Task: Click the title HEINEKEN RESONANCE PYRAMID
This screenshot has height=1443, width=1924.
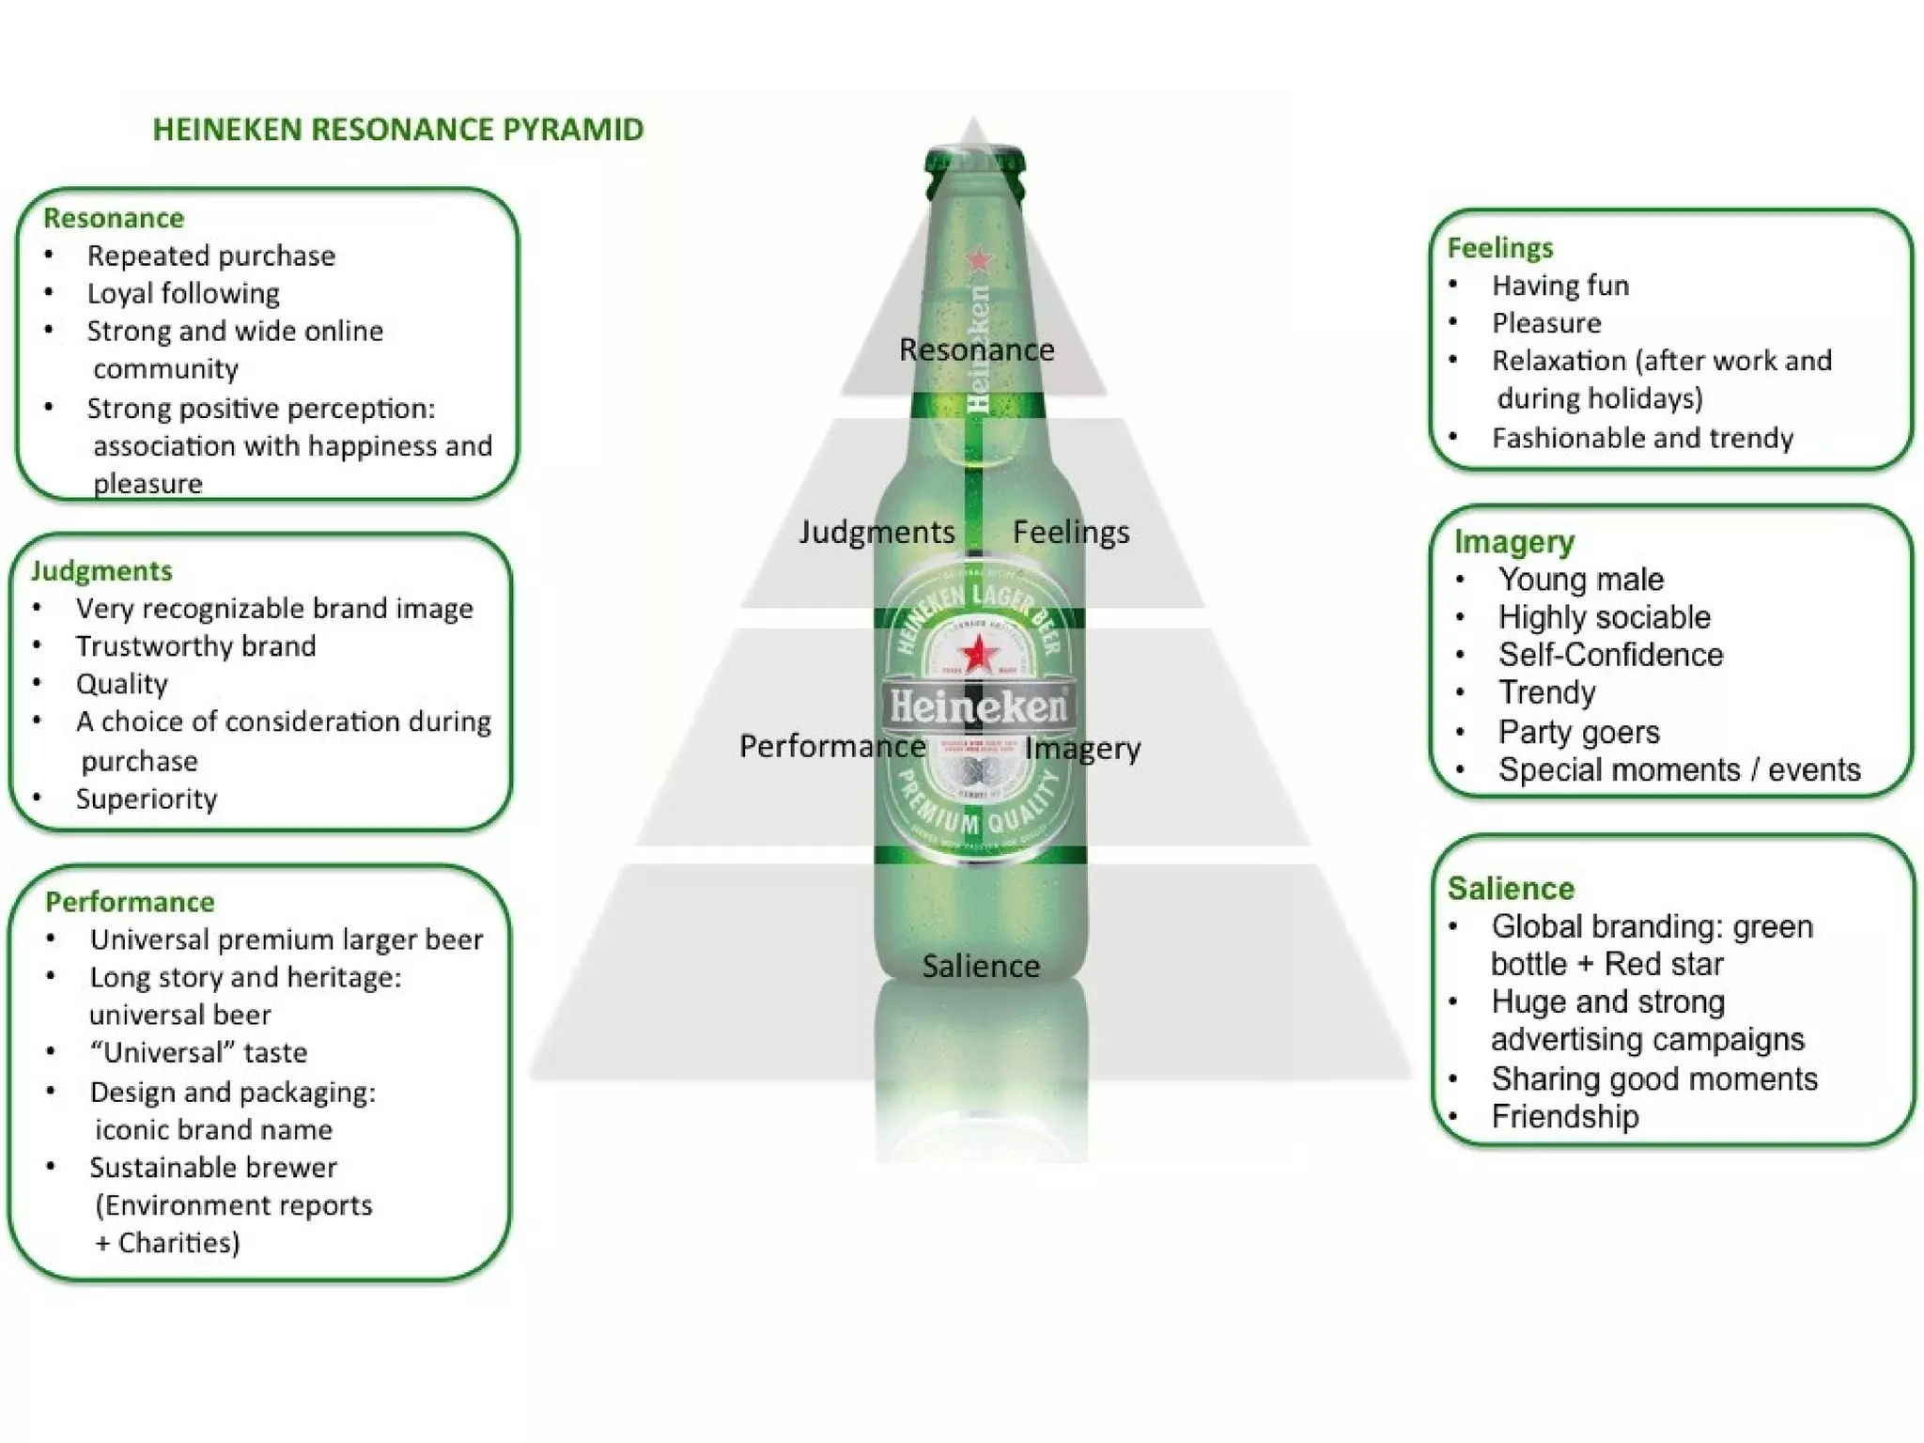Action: click(398, 130)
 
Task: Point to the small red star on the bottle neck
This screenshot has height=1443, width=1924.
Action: click(980, 258)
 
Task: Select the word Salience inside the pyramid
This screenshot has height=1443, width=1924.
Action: click(980, 966)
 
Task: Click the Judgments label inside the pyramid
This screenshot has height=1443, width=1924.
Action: click(877, 532)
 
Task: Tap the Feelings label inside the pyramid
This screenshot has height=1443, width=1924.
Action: click(1071, 532)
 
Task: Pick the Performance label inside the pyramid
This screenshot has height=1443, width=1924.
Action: click(832, 746)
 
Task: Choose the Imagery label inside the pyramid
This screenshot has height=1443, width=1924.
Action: click(1082, 748)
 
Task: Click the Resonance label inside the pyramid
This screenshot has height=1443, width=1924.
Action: click(976, 349)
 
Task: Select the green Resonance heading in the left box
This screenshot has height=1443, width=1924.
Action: click(114, 218)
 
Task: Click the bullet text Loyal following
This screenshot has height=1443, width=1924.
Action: click(183, 293)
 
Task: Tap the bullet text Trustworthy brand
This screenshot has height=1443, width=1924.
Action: click(195, 646)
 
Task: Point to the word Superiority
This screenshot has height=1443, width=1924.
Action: click(147, 799)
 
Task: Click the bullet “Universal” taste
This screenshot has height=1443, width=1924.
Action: click(198, 1052)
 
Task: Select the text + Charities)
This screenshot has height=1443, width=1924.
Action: click(168, 1242)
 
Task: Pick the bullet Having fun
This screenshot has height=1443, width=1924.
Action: click(1560, 286)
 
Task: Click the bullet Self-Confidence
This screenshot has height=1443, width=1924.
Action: click(1610, 655)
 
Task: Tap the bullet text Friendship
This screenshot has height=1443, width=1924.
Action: click(1565, 1116)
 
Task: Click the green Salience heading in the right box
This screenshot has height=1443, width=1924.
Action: click(1511, 889)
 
